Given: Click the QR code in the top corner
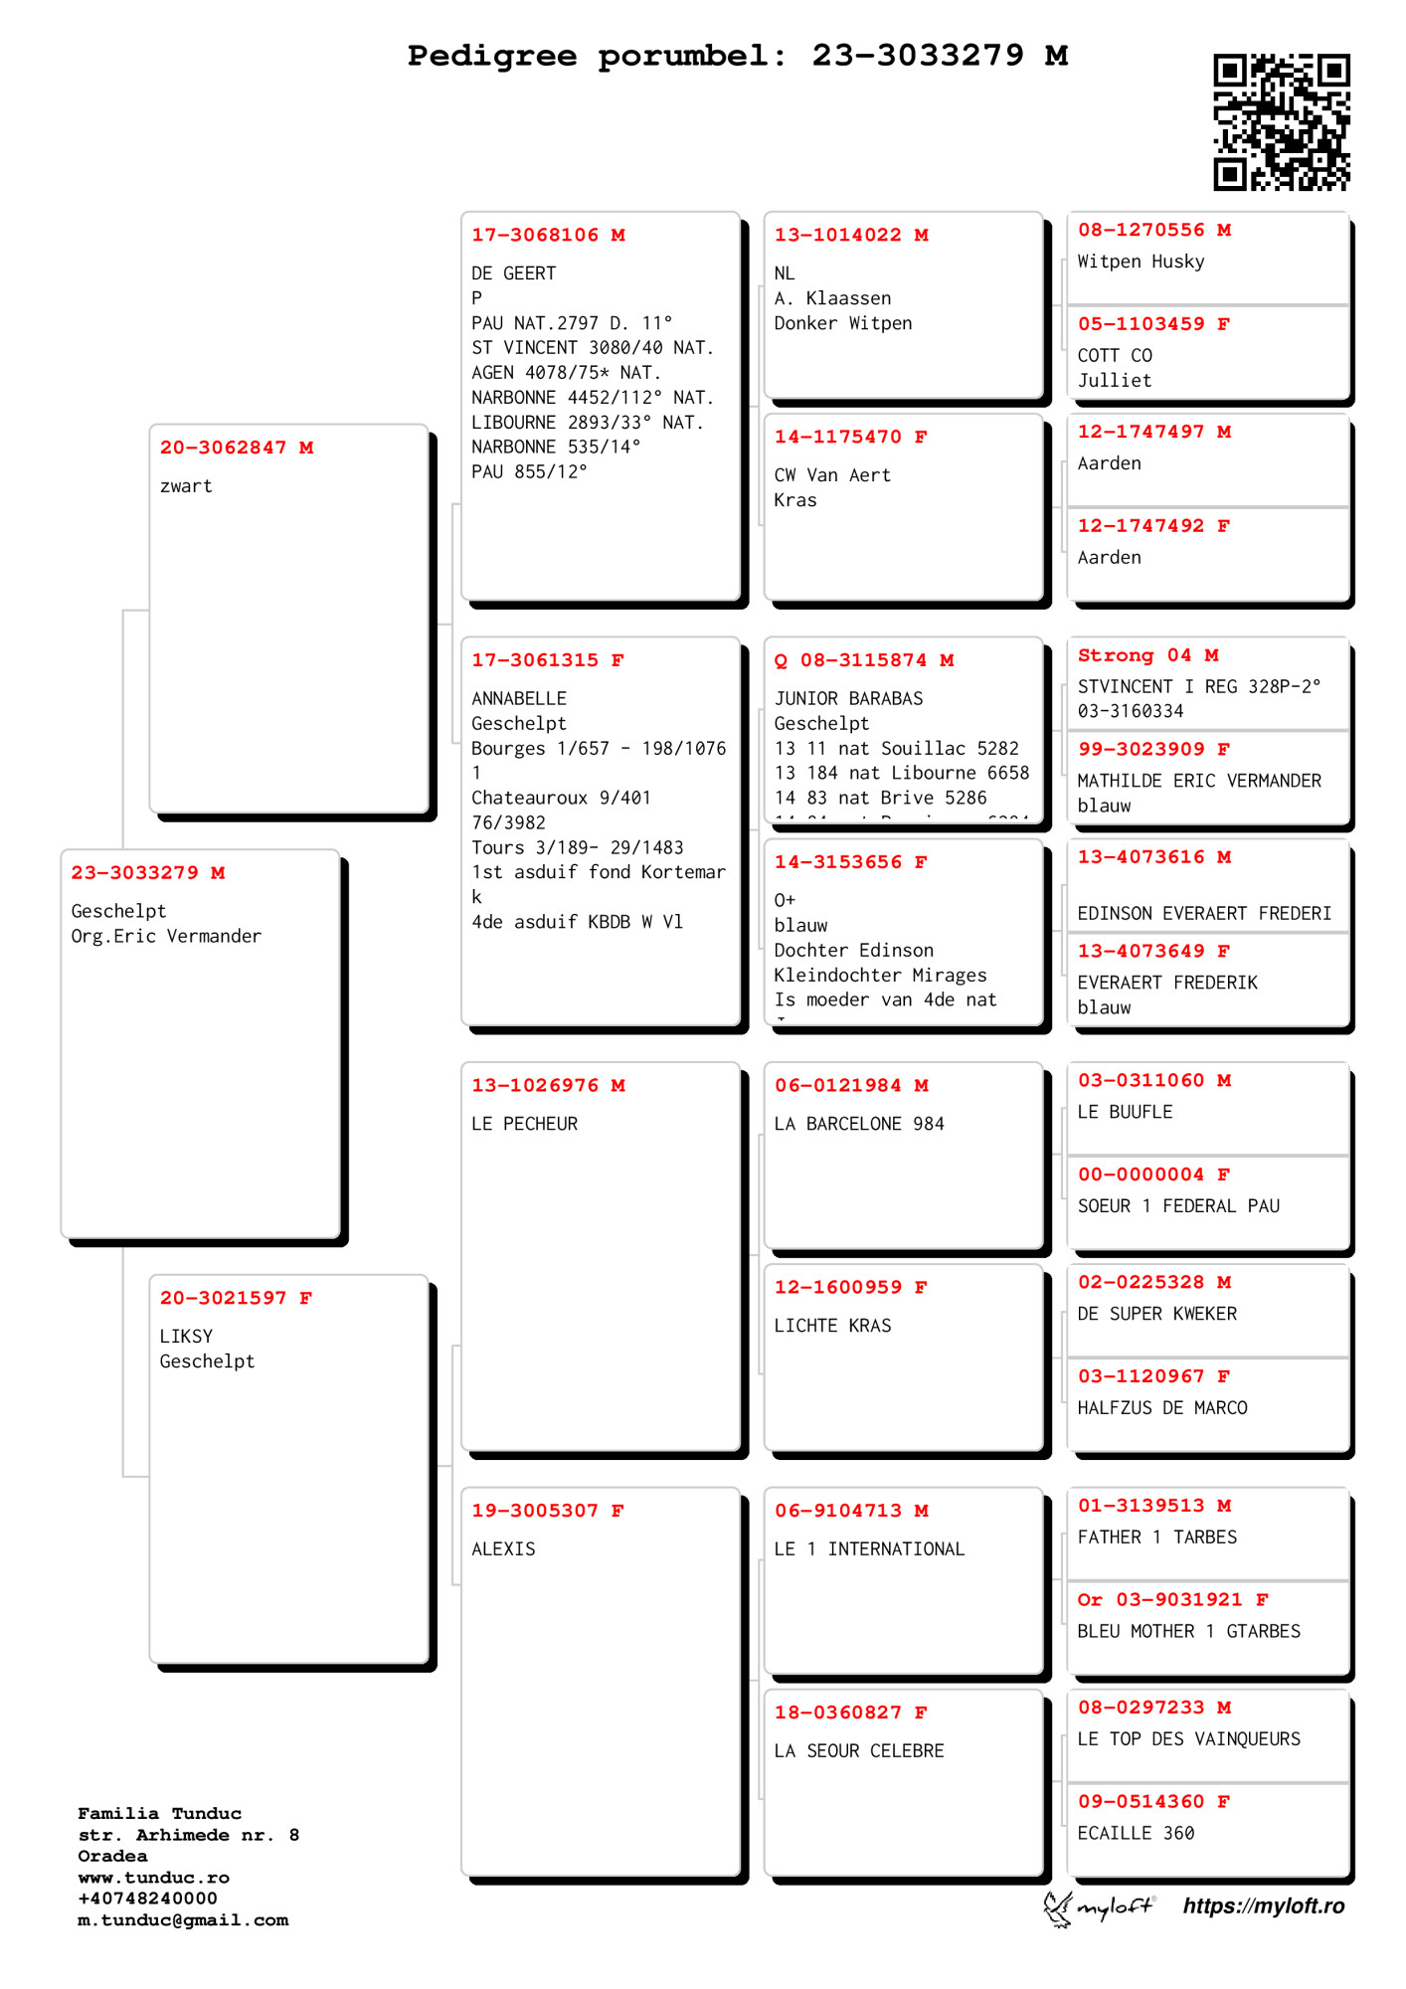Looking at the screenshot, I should click(1281, 121).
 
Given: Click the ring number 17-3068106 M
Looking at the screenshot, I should click(548, 236).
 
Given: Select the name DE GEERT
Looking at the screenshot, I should click(513, 273).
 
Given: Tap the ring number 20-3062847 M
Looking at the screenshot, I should click(237, 449).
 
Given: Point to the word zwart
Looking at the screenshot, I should click(186, 486).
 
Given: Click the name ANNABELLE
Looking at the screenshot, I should click(519, 699).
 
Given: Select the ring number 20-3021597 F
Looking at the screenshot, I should click(236, 1299).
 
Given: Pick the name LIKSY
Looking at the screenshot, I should click(186, 1337).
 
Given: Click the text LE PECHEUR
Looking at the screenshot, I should click(524, 1124).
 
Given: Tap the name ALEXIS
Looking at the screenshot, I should click(503, 1549).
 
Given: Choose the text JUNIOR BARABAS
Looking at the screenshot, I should click(848, 699).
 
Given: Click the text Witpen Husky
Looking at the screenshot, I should click(1141, 262).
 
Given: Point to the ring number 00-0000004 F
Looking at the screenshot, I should click(1153, 1175).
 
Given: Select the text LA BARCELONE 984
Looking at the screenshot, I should click(859, 1124).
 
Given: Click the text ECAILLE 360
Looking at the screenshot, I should click(1136, 1833).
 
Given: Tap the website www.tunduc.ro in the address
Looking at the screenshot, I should click(153, 1878).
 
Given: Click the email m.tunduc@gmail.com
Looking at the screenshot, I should click(183, 1920).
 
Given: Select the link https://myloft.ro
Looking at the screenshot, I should click(1263, 1905).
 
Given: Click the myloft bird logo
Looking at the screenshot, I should click(1058, 1907).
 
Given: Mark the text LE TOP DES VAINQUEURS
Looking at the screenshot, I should click(1188, 1739).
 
